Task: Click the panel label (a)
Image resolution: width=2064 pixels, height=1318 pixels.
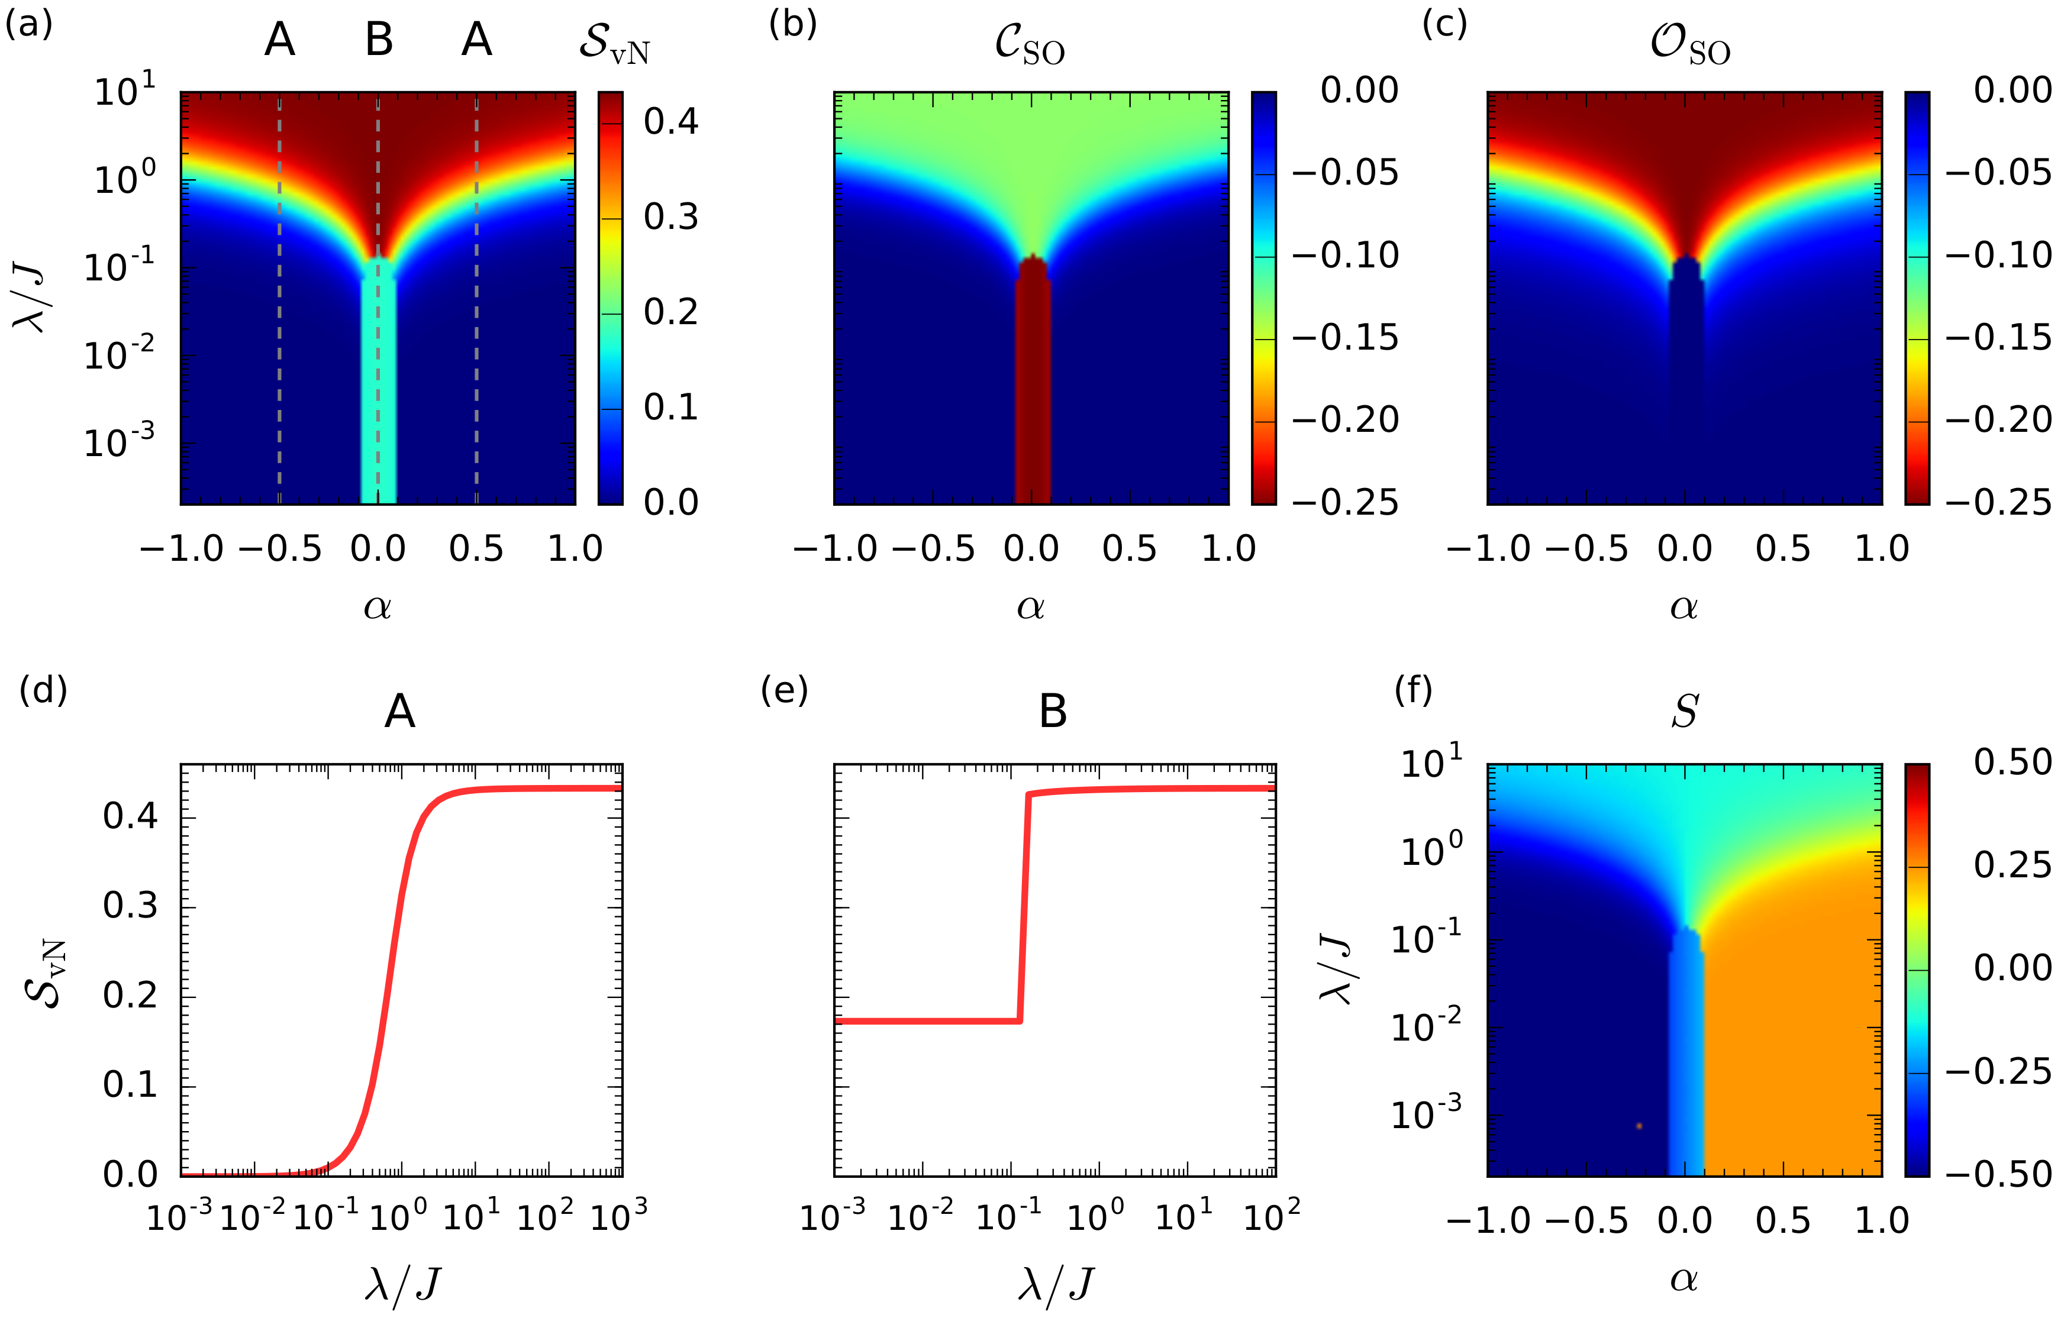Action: (x=28, y=25)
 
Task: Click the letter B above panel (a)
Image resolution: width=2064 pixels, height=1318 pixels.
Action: (x=379, y=40)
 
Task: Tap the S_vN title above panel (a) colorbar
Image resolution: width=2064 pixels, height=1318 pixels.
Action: (x=614, y=43)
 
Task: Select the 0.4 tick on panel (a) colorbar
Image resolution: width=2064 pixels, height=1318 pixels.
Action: (x=671, y=122)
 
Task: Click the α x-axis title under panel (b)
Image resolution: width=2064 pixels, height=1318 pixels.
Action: (x=1030, y=607)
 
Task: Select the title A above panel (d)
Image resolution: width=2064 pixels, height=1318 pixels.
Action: (x=399, y=711)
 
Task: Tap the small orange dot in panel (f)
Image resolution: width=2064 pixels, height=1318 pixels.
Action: (x=1639, y=1125)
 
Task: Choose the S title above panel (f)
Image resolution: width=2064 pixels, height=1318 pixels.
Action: (x=1684, y=711)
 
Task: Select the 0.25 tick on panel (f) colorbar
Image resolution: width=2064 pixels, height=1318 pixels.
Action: (x=2012, y=865)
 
